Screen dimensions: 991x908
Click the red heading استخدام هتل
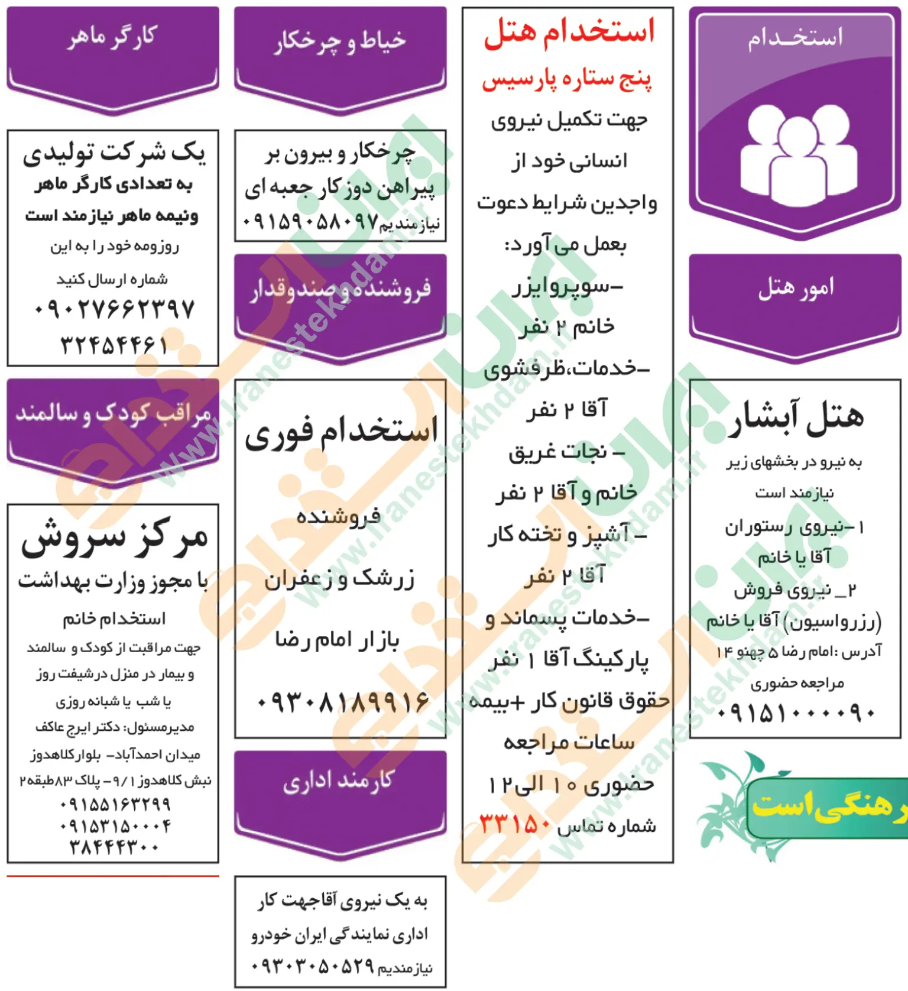[569, 32]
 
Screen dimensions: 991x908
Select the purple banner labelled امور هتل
[795, 289]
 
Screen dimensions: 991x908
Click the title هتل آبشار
[795, 417]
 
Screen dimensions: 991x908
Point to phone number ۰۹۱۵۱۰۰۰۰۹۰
[795, 712]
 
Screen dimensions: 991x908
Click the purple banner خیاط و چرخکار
[340, 41]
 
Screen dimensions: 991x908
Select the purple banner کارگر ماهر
[112, 38]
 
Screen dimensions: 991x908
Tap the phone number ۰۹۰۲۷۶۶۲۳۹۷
[113, 309]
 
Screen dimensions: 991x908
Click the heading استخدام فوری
[341, 432]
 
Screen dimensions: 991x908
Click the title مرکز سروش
[114, 539]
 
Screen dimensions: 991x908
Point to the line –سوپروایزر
[567, 286]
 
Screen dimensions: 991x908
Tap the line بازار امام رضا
[337, 640]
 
